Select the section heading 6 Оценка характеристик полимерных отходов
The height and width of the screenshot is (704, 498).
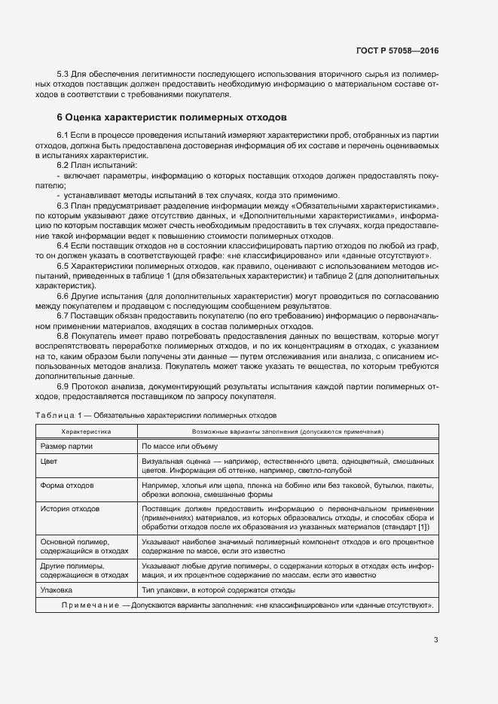coord(171,118)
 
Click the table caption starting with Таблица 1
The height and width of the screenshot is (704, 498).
coord(156,415)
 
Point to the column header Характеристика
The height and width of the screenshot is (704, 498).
coord(86,432)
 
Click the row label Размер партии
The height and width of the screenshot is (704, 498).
coord(66,446)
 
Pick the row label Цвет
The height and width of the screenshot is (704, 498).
coord(49,460)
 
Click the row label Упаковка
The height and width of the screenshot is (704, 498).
coord(57,590)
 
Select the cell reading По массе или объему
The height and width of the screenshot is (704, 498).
coord(180,446)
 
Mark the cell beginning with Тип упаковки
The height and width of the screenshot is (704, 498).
coord(218,590)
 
